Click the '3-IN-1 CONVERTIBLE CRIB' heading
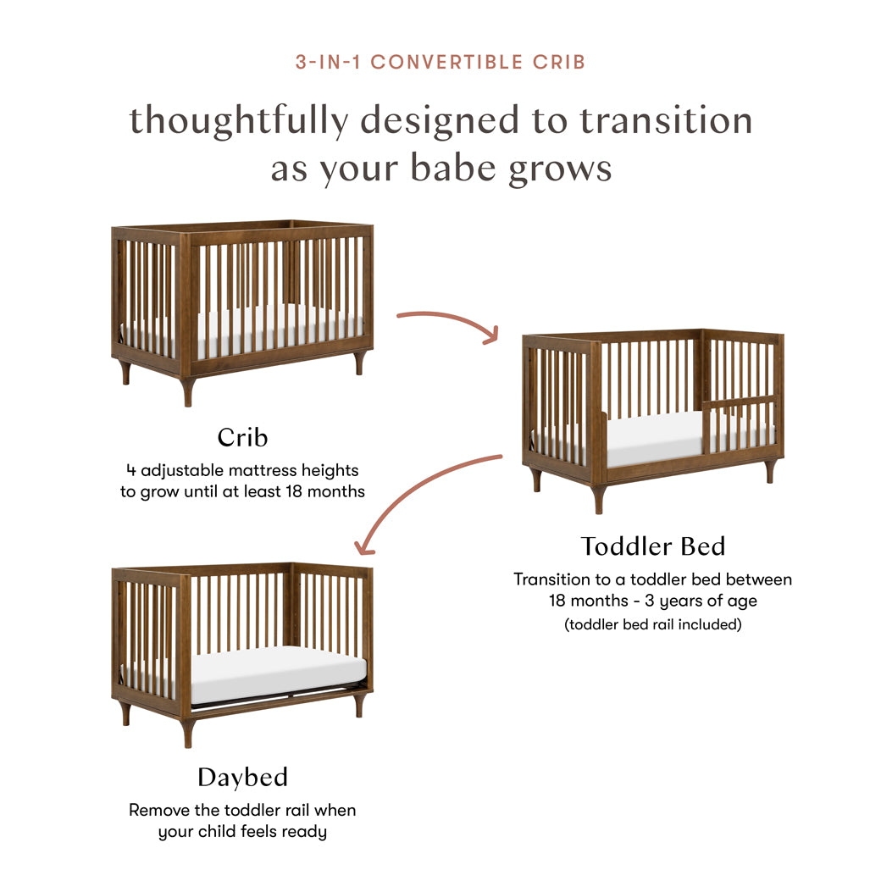pos(440,62)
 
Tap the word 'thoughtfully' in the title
pos(238,121)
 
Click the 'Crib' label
pos(242,437)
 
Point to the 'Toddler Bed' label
pos(652,546)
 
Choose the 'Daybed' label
pos(242,777)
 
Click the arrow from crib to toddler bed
pos(449,322)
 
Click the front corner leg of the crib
pos(187,391)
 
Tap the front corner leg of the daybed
pos(187,731)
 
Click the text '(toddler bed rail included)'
pos(652,624)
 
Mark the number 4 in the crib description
pos(131,469)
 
